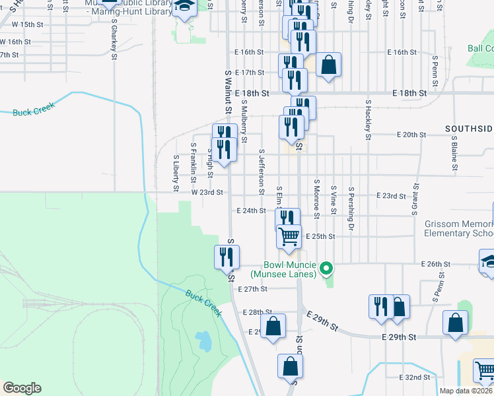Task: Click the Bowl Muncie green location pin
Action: tap(326, 268)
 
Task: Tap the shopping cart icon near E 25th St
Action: tap(289, 236)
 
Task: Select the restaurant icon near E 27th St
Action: tap(227, 256)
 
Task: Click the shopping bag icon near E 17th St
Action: tap(328, 65)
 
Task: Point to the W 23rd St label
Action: tap(207, 192)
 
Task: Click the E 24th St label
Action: tap(251, 211)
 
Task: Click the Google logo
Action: tap(22, 388)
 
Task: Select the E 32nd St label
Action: tap(415, 377)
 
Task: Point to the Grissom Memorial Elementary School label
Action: tap(458, 228)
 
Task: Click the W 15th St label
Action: tap(27, 24)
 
